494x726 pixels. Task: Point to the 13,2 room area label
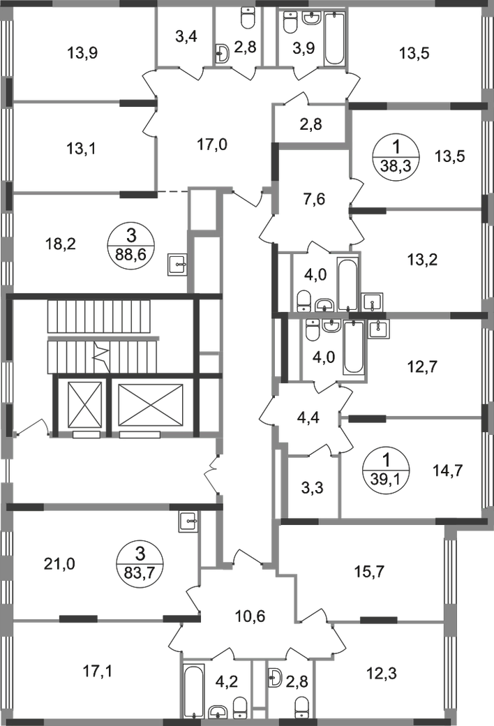(424, 260)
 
